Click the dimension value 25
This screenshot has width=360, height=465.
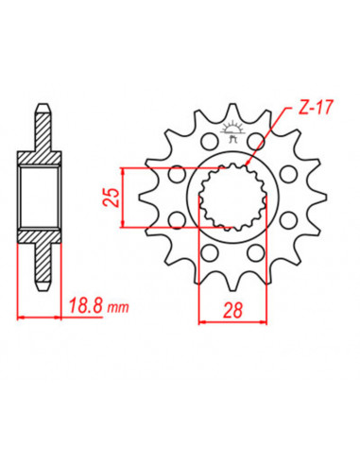(110, 197)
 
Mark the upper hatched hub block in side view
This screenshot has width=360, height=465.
(40, 151)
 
